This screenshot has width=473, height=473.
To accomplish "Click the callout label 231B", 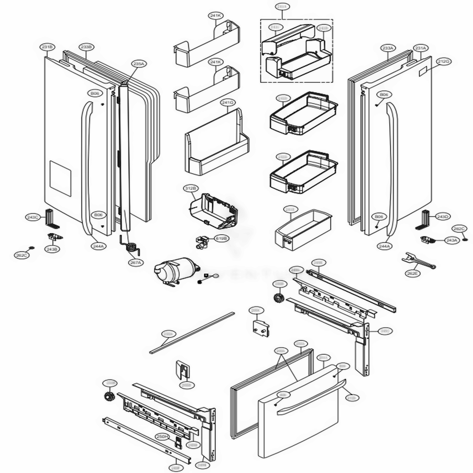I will pyautogui.click(x=48, y=47).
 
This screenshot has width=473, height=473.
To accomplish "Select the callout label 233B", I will pyautogui.click(x=87, y=47).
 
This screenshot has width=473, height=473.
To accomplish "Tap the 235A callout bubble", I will pyautogui.click(x=139, y=63).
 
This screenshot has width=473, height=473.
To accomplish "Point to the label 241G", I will pyautogui.click(x=228, y=102).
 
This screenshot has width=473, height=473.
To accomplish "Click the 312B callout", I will pyautogui.click(x=190, y=189).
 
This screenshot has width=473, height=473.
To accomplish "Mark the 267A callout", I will pyautogui.click(x=135, y=262).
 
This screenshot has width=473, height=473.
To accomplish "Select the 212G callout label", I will pyautogui.click(x=444, y=61).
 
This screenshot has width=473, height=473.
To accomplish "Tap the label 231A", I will pyautogui.click(x=420, y=48).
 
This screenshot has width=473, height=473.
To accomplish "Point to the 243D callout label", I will pyautogui.click(x=442, y=217).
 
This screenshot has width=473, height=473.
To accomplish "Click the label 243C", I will pyautogui.click(x=33, y=217).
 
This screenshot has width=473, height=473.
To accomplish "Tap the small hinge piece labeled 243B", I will pyautogui.click(x=53, y=236).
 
